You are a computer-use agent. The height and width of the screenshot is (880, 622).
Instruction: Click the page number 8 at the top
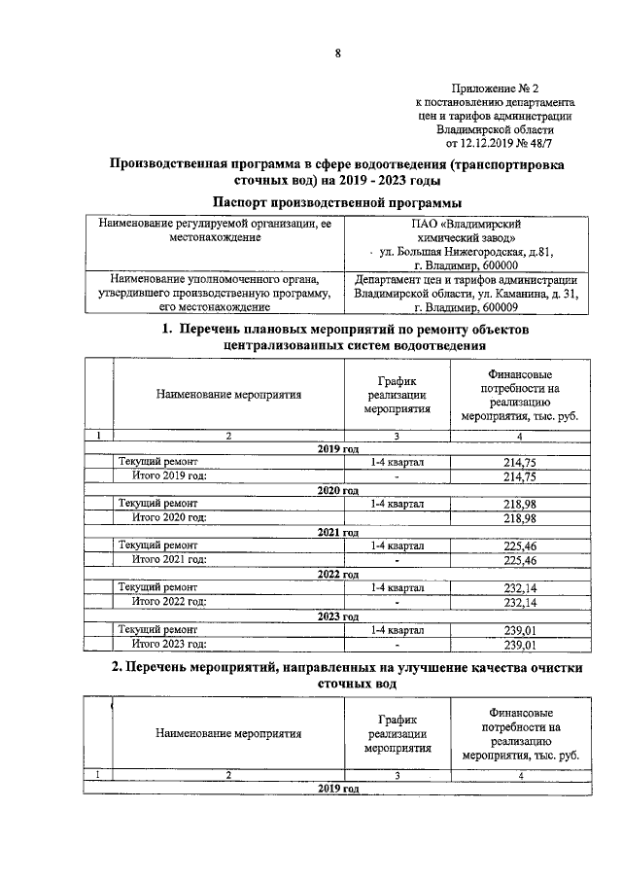[x=337, y=54]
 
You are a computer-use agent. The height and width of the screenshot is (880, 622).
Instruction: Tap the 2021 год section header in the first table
[x=339, y=533]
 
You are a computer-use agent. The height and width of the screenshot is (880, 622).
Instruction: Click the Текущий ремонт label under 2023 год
[x=158, y=630]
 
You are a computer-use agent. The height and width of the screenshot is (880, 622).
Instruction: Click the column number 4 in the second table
[x=521, y=775]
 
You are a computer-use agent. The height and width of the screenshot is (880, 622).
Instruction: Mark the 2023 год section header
[x=339, y=616]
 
